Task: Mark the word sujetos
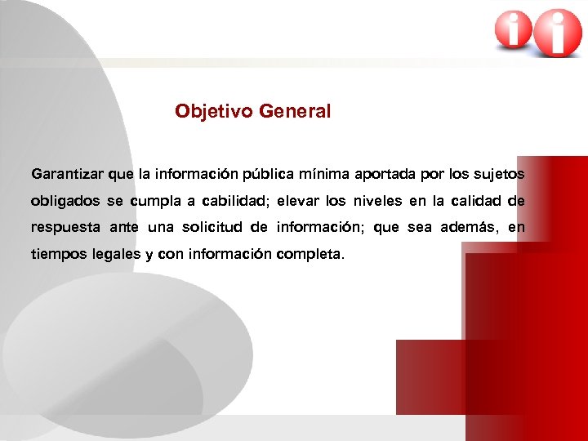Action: click(500, 174)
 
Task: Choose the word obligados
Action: click(65, 201)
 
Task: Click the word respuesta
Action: click(65, 227)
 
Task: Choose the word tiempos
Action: click(58, 254)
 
